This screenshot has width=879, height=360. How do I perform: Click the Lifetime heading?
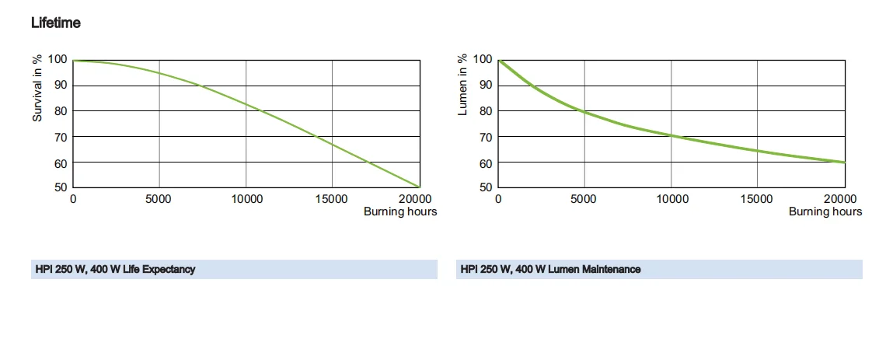tap(56, 23)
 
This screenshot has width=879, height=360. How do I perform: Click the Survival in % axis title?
tap(37, 87)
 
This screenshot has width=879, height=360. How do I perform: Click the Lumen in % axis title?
tap(462, 85)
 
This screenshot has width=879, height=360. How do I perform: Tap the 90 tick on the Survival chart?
tap(59, 85)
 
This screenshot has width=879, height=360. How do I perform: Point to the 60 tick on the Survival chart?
tap(59, 162)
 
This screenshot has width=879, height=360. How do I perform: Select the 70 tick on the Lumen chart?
tap(485, 136)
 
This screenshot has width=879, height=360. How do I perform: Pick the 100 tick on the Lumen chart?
tap(482, 59)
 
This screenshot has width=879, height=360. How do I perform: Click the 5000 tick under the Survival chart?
tap(159, 199)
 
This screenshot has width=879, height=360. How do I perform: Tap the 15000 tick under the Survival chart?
tap(332, 199)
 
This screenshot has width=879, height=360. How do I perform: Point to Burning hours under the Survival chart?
tap(400, 211)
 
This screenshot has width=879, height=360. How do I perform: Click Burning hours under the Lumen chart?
tap(825, 211)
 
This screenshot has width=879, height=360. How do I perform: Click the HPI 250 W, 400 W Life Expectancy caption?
tap(115, 270)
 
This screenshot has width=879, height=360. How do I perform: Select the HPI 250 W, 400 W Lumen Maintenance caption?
tap(550, 270)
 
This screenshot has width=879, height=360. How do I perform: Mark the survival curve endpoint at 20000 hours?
tap(420, 187)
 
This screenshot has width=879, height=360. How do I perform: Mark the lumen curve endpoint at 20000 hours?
tap(845, 162)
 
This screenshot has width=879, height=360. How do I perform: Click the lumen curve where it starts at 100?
tap(499, 60)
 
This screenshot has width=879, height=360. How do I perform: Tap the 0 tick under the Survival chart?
tap(73, 199)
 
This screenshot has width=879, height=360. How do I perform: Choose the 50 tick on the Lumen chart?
tap(485, 187)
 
